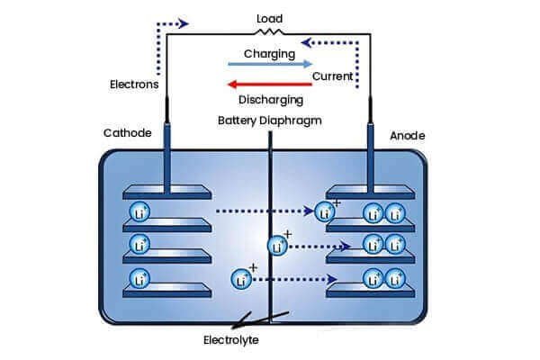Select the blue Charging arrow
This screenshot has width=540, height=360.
pyautogui.click(x=269, y=65)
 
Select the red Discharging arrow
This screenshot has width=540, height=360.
pyautogui.click(x=269, y=84)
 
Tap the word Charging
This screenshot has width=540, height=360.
pyautogui.click(x=270, y=54)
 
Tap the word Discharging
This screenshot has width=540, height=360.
pyautogui.click(x=271, y=99)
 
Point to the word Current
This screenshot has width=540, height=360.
pyautogui.click(x=332, y=77)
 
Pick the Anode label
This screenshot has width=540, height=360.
pyautogui.click(x=407, y=136)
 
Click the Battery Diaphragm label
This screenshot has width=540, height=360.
pyautogui.click(x=270, y=120)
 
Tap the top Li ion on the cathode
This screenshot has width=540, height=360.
pyautogui.click(x=140, y=213)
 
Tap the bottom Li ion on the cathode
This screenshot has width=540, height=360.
pyautogui.click(x=140, y=277)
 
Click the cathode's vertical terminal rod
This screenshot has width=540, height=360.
pyautogui.click(x=168, y=153)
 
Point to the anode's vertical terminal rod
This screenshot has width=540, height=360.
pyautogui.click(x=370, y=153)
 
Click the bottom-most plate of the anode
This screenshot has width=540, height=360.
pyautogui.click(x=370, y=290)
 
